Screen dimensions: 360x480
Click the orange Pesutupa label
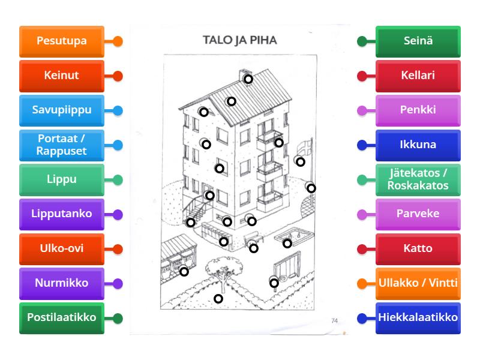point(62,41)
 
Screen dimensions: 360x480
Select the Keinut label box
point(62,76)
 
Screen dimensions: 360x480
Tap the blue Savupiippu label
point(62,110)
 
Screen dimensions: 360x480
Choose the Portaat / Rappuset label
point(62,145)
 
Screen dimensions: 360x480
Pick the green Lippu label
point(62,179)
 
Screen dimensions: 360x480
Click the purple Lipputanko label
point(62,214)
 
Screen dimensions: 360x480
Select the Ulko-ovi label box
point(62,248)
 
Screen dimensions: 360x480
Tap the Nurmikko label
point(62,283)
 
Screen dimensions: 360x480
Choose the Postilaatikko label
point(62,318)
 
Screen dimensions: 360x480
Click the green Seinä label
point(418,41)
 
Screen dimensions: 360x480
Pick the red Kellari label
point(418,76)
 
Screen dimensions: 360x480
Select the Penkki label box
point(418,110)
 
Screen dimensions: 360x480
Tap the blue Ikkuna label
point(418,145)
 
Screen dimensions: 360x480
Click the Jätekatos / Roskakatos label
point(418,179)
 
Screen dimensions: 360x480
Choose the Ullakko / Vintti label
point(418,283)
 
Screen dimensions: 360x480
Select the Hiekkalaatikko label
point(418,318)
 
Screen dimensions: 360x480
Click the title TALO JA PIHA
point(240,41)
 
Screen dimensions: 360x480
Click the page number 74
point(334,321)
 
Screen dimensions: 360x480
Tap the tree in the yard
point(219,267)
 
